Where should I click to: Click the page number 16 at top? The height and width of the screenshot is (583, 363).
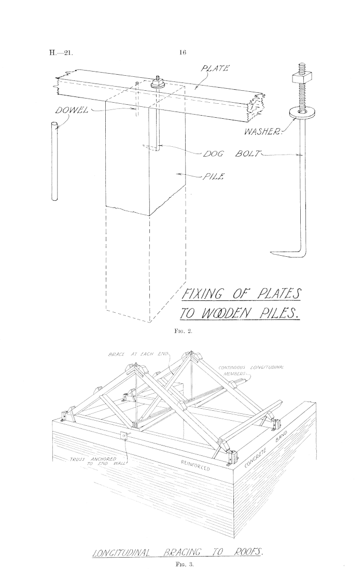coord(183,52)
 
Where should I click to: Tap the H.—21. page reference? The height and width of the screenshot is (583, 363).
coord(61,52)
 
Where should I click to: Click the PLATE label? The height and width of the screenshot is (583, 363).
coord(215,68)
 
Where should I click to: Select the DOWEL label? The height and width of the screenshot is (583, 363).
coord(72,110)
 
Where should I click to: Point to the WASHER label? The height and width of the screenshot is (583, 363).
coord(263,131)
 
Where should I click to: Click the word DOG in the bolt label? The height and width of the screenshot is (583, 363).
coord(213,154)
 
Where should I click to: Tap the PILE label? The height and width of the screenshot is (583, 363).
coord(213,176)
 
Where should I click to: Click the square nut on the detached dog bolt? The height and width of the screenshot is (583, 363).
coord(299,79)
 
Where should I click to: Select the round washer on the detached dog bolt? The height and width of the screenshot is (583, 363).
coord(299,112)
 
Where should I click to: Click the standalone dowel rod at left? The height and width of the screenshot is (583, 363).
coord(54,162)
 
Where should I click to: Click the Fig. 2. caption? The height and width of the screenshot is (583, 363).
coord(183,331)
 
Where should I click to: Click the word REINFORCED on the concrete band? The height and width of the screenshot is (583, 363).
coord(196,465)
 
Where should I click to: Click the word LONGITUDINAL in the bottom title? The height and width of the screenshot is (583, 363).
coord(121,552)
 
